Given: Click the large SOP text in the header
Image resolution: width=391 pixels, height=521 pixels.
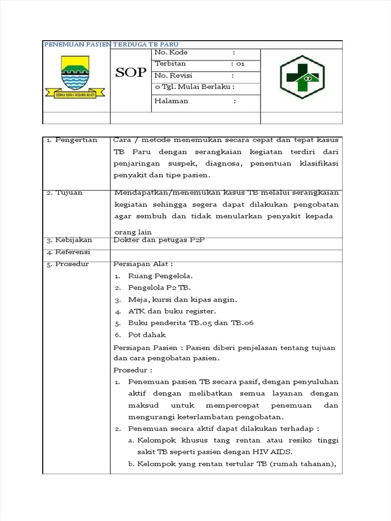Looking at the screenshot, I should [131, 73].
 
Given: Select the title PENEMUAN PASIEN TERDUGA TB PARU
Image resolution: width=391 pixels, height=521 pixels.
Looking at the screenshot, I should [111, 44].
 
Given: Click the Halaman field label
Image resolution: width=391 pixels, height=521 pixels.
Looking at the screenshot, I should [171, 101].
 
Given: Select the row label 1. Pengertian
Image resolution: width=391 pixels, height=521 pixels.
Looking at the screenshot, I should [72, 140].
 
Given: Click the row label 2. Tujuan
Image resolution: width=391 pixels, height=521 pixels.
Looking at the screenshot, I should [65, 193].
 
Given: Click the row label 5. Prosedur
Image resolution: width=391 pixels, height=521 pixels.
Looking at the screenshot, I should [68, 264].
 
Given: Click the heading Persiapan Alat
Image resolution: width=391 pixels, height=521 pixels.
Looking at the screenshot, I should [143, 264].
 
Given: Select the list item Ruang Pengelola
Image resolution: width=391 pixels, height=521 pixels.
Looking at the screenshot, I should [160, 276].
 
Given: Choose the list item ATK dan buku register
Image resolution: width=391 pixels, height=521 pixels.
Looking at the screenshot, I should [172, 311].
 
